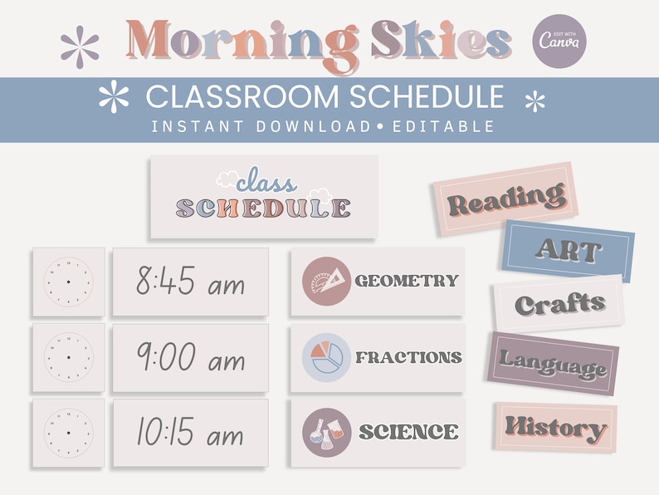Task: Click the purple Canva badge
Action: [559, 42]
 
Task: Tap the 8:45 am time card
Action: [190, 282]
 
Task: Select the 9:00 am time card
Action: [190, 357]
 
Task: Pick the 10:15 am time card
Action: [190, 433]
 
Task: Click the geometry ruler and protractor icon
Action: [326, 281]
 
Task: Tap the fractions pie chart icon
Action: [326, 357]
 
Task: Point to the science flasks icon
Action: [326, 433]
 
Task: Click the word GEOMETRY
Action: [407, 281]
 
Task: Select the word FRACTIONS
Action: [408, 357]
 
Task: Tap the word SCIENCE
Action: [408, 432]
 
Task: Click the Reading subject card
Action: [506, 198]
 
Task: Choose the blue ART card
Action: [569, 251]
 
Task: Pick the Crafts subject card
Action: [559, 303]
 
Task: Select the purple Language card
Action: [553, 364]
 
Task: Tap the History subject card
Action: [555, 428]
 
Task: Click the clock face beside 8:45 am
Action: [69, 282]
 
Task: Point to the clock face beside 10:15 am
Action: [69, 433]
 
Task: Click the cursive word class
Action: [266, 181]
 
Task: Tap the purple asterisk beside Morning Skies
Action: [80, 47]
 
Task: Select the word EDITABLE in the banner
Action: [443, 126]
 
